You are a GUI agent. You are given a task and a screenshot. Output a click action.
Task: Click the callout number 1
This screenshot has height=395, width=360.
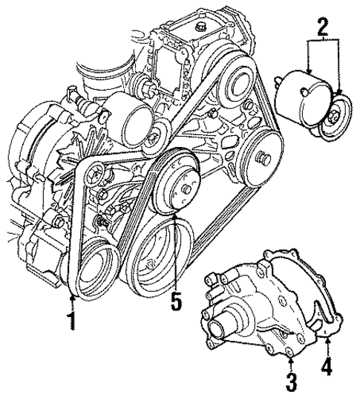(x=71, y=322)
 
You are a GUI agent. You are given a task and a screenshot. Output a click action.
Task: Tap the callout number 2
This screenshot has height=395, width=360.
(x=321, y=29)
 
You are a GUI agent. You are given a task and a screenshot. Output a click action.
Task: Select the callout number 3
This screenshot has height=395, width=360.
(x=291, y=382)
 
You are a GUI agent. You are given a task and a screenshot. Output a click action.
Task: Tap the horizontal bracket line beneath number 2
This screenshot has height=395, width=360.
(x=321, y=45)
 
